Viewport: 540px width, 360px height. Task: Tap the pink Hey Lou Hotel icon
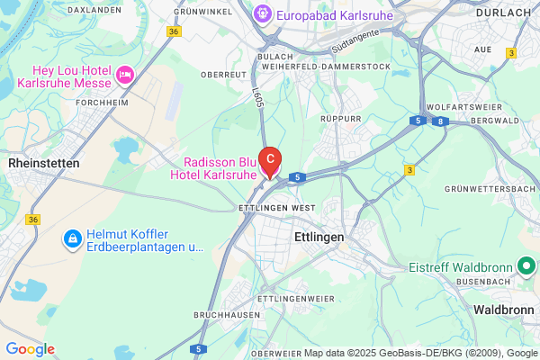pos(126,71)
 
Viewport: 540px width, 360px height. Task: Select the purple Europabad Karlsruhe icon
pos(261,13)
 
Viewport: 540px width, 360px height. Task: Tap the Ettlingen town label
pos(319,236)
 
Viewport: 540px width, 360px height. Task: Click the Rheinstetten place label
pos(43,163)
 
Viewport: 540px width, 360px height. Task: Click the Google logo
pos(30,349)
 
